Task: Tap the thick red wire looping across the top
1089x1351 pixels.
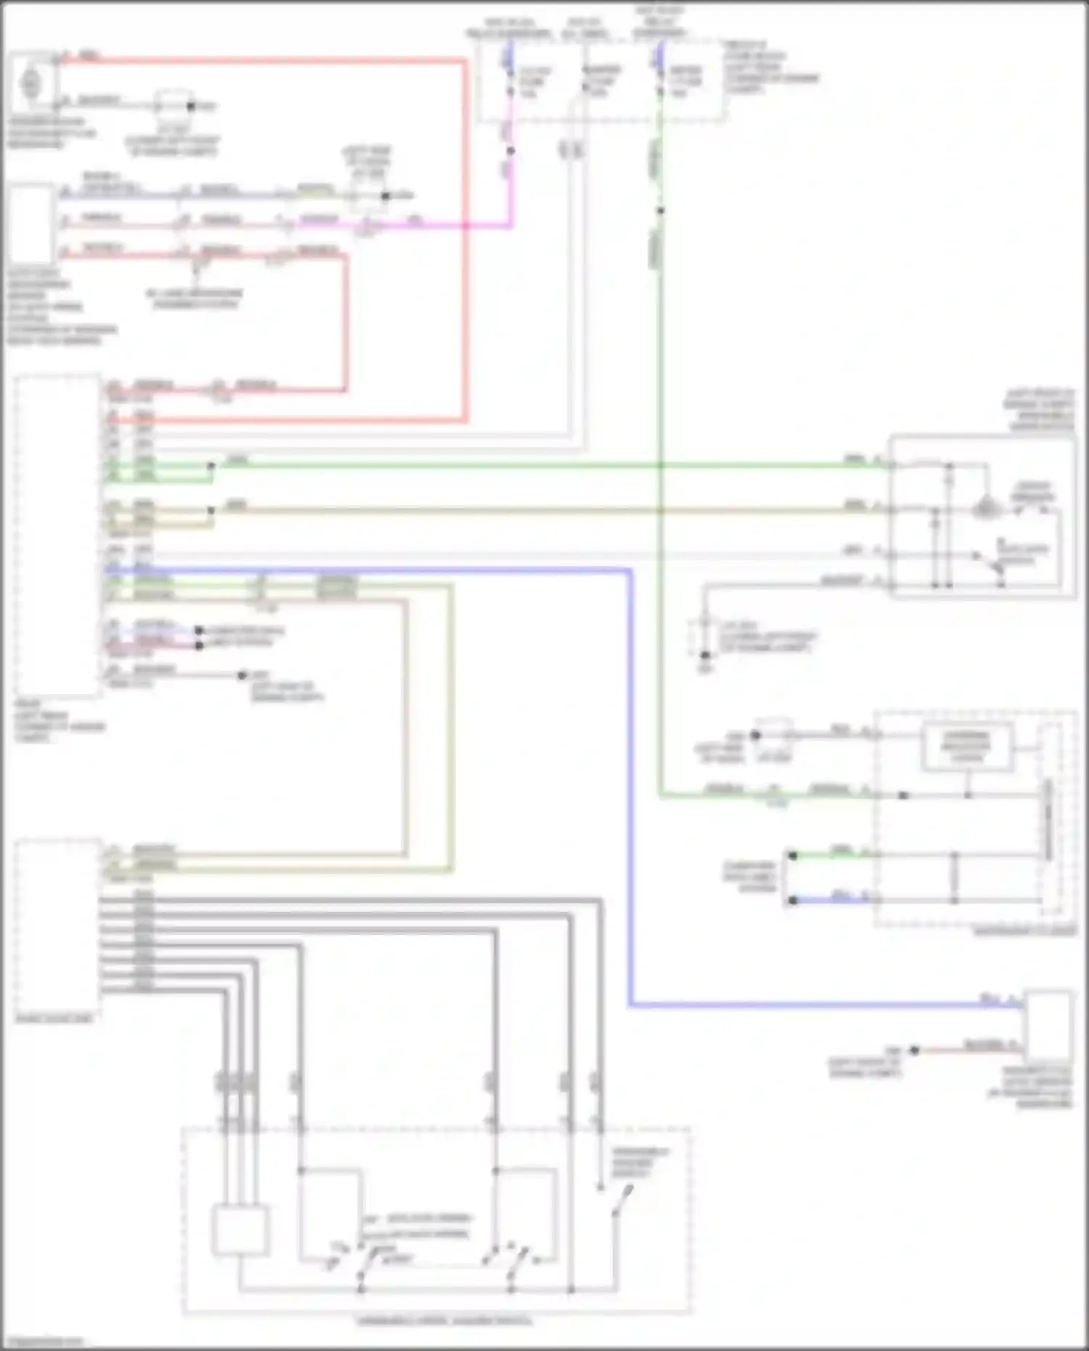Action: pos(465,240)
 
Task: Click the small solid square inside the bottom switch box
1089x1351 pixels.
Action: pos(240,1230)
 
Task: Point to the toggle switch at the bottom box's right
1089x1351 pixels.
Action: pos(621,1201)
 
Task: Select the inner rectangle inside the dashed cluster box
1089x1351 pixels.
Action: pos(967,746)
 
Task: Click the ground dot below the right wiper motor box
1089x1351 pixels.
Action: pos(704,655)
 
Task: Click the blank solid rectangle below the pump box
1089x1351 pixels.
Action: pos(30,224)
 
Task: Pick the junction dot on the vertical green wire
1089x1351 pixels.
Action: pos(660,211)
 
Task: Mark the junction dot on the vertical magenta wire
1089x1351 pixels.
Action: pos(511,151)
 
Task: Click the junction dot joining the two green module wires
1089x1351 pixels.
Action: pos(211,466)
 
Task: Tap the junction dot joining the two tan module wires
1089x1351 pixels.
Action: pos(211,510)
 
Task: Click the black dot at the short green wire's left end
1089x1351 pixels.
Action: pos(793,856)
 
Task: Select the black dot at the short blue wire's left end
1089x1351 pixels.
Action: pos(793,900)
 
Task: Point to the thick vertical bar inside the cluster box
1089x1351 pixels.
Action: pos(1048,820)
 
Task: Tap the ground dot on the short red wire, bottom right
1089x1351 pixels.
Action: pos(915,1050)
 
